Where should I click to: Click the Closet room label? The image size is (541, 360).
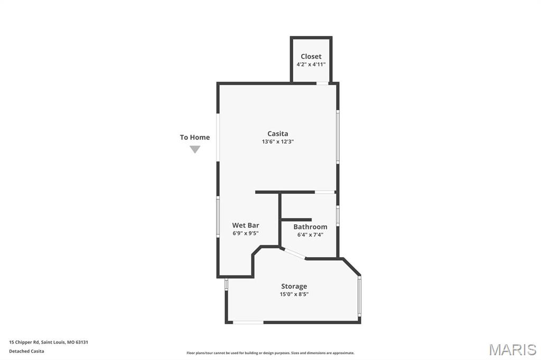[311, 56]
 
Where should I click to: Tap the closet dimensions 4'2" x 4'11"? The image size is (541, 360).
[311, 64]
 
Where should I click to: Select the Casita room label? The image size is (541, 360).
[277, 134]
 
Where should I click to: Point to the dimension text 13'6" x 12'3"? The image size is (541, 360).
[277, 141]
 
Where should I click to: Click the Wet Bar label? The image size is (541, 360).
[246, 225]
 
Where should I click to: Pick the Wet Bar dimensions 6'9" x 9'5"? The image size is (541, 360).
[246, 233]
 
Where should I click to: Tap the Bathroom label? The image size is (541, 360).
[310, 227]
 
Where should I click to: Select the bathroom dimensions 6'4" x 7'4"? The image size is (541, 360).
[310, 235]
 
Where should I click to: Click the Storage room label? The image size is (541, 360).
[294, 286]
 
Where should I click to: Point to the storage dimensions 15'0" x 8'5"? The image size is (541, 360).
[294, 294]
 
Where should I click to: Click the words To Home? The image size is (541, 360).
[194, 137]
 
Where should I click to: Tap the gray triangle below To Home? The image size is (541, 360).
[195, 149]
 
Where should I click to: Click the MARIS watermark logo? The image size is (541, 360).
[512, 349]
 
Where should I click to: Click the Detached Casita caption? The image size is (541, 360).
[26, 351]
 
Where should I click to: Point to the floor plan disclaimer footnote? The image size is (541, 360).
[270, 353]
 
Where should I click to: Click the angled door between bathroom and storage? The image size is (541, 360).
[294, 253]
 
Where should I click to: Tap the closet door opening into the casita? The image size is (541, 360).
[322, 83]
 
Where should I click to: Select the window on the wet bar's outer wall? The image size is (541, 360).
[218, 216]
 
